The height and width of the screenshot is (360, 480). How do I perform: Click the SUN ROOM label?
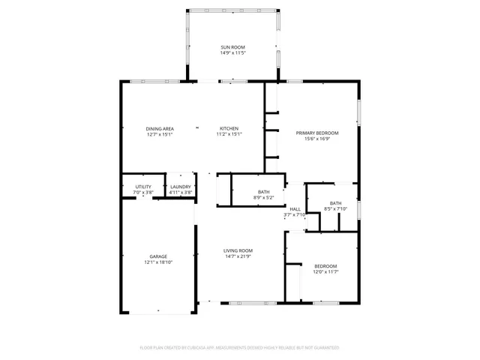(x=232, y=47)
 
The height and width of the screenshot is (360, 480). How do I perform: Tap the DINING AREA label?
(x=160, y=129)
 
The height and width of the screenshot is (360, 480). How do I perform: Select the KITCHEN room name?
(x=229, y=129)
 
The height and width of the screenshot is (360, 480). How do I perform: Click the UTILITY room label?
(x=143, y=187)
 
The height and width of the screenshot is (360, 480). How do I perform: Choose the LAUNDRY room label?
(x=180, y=187)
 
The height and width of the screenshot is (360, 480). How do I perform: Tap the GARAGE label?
(x=157, y=256)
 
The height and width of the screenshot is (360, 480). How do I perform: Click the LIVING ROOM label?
(x=238, y=250)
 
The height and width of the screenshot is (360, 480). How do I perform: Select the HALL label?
(x=295, y=209)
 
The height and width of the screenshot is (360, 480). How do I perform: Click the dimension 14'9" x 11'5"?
(x=232, y=53)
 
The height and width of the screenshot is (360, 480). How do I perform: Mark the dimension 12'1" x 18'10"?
(x=157, y=262)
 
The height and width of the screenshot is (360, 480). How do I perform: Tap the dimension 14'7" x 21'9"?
(x=238, y=256)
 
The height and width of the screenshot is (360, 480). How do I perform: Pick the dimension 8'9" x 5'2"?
(x=264, y=198)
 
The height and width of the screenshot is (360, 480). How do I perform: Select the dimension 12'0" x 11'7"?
(x=325, y=272)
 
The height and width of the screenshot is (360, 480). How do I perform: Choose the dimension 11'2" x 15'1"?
(x=229, y=135)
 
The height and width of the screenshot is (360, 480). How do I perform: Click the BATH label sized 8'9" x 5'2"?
(x=264, y=192)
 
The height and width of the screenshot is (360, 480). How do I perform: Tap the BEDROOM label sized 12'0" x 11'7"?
(x=325, y=266)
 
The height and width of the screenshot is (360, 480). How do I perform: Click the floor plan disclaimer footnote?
(x=239, y=348)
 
